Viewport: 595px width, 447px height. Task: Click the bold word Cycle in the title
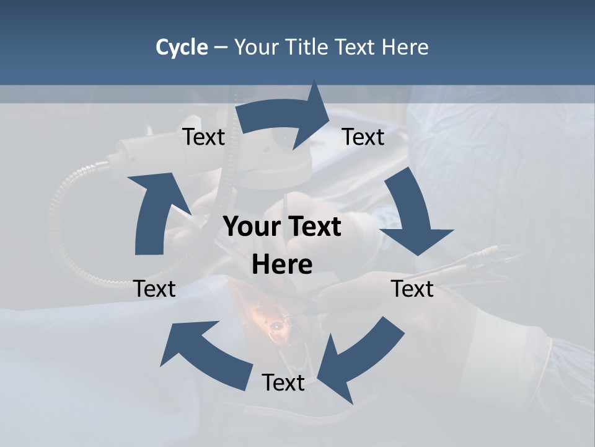point(182,47)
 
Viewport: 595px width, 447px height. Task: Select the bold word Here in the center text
point(282,264)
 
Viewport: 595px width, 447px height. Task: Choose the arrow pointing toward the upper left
point(205,354)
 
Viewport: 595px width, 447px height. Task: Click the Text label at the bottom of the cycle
point(283,382)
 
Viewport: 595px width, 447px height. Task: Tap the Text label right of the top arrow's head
point(363,137)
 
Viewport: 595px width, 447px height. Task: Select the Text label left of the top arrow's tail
point(203,137)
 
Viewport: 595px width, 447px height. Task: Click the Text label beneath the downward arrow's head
point(412,289)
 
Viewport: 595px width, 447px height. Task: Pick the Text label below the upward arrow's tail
point(154,289)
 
